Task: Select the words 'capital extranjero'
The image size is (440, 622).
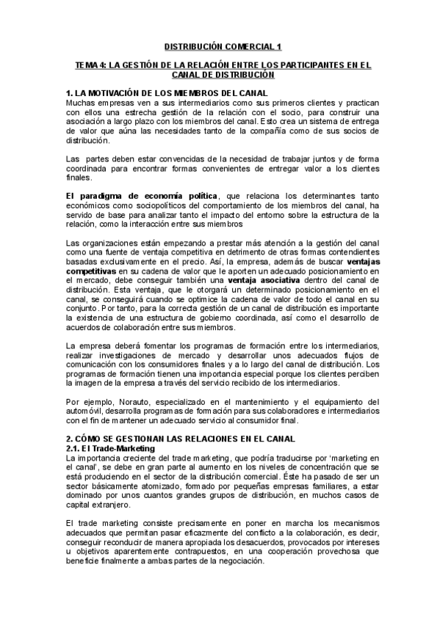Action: (x=98, y=504)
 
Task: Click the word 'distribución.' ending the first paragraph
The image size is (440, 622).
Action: (x=89, y=139)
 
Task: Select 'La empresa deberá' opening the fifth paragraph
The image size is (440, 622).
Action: (x=99, y=345)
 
